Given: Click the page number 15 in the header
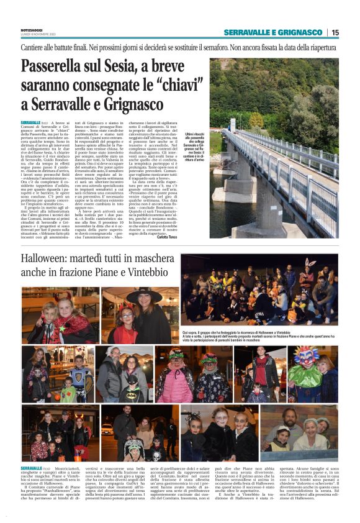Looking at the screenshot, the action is click(x=335, y=32).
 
